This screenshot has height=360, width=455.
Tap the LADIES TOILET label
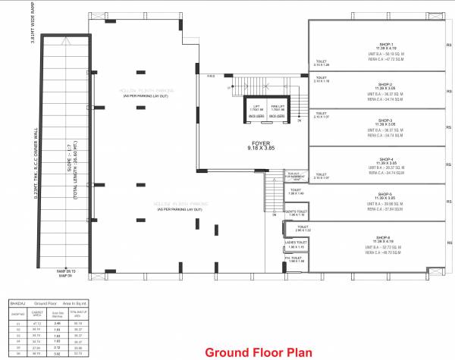point(296,243)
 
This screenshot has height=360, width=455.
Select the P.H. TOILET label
point(295,258)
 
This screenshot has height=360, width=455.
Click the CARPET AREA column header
point(36,312)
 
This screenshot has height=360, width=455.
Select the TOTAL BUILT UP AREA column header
point(73,312)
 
